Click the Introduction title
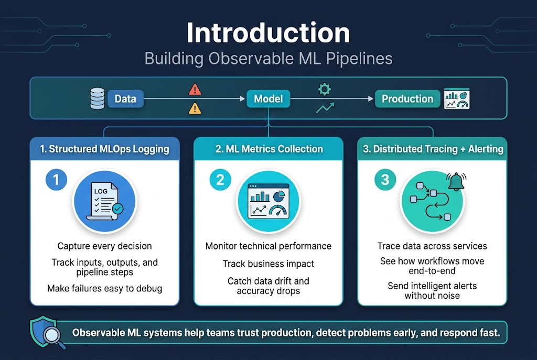click(x=268, y=33)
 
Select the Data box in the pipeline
click(x=125, y=99)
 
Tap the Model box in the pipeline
click(x=268, y=99)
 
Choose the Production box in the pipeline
click(x=407, y=99)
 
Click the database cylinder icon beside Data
click(x=98, y=99)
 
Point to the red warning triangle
click(x=195, y=90)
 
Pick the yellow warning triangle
click(x=195, y=108)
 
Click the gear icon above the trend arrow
click(x=325, y=89)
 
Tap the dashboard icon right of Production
click(x=456, y=99)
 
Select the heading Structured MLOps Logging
click(x=105, y=149)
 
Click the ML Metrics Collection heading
click(x=269, y=149)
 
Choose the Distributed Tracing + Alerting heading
click(x=433, y=149)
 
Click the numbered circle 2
click(x=220, y=180)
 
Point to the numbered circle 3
click(x=385, y=180)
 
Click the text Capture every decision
click(x=104, y=246)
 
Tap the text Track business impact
click(x=268, y=264)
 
